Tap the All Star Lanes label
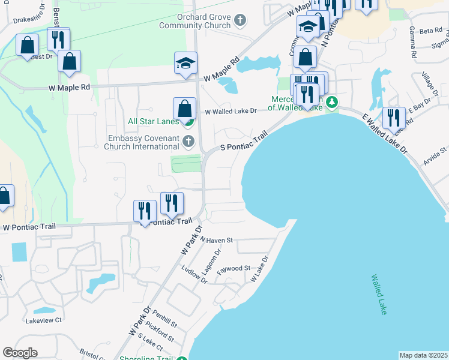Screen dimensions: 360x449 click(153, 121)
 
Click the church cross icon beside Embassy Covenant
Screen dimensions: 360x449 click(188, 142)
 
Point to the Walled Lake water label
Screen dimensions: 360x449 click(378, 295)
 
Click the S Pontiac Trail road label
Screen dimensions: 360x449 click(243, 143)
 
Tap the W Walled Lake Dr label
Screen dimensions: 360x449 click(231, 111)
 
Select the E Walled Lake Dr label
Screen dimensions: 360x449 click(384, 134)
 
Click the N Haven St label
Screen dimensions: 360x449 click(216, 240)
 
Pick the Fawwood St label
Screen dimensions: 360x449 click(234, 269)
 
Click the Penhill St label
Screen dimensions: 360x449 click(164, 319)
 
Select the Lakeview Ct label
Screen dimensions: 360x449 click(44, 320)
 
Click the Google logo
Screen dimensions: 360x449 click(20, 353)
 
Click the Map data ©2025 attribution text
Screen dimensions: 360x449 click(423, 355)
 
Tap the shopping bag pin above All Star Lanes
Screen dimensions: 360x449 click(185, 109)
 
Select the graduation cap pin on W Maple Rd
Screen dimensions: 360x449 click(186, 63)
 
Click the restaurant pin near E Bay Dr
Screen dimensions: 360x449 click(394, 118)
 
